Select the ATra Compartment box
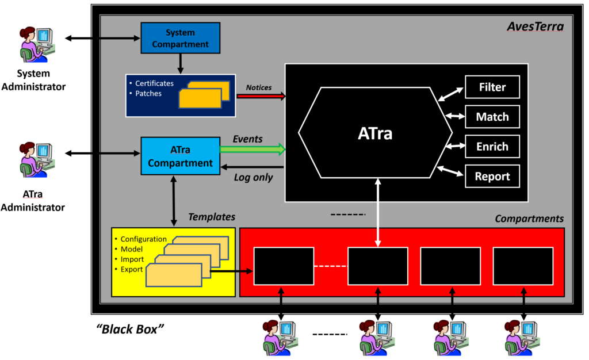181,156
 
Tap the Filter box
492,87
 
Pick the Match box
492,117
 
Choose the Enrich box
492,147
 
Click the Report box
492,177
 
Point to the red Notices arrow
261,97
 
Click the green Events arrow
253,150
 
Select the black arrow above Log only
253,167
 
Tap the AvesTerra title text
534,26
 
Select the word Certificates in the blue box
154,83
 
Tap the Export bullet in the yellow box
132,269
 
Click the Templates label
211,217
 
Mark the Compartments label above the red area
529,219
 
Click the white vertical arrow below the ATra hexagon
377,213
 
